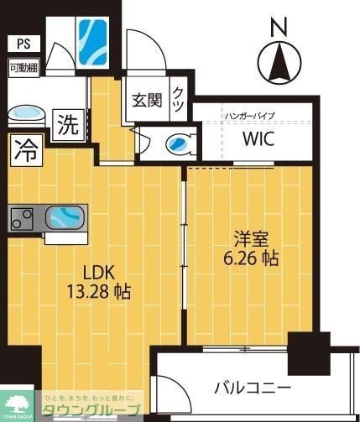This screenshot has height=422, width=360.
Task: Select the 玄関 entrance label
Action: pos(146,100)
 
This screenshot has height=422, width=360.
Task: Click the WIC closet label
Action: pos(258,139)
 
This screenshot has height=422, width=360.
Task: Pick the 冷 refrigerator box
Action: pos(26,152)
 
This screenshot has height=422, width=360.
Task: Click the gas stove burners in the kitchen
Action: pos(21,218)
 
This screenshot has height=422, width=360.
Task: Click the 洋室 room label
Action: pos(245,238)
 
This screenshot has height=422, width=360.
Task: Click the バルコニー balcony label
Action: pos(252,388)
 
